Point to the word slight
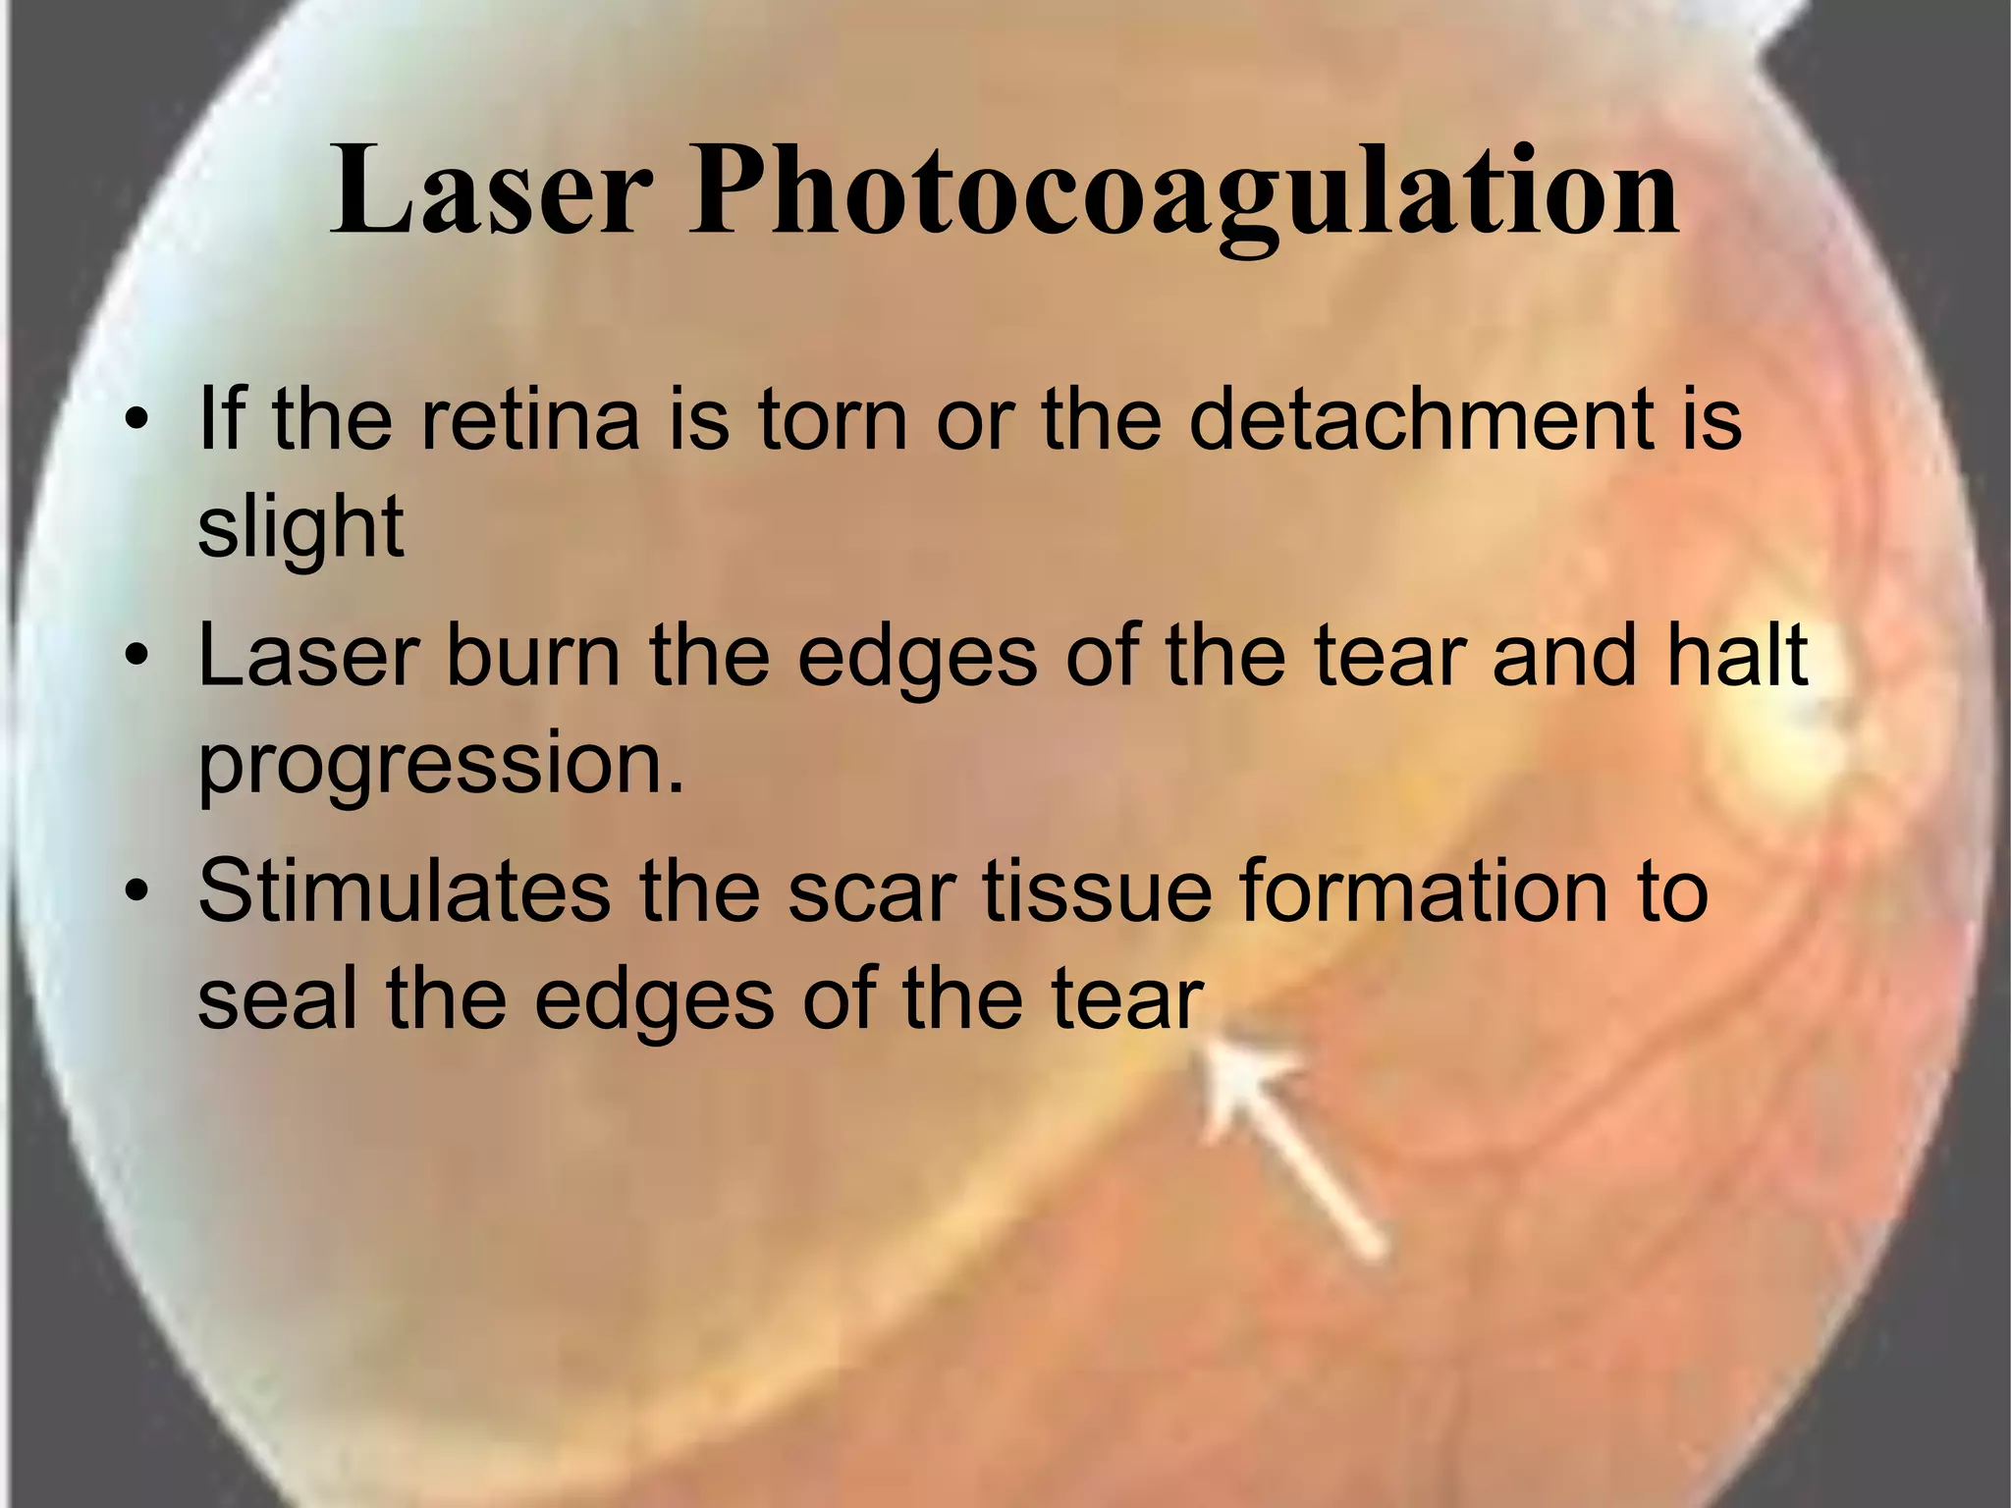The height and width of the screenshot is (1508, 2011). click(300, 528)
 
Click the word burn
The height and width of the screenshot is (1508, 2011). click(533, 655)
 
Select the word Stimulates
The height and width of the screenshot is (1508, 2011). click(403, 890)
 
